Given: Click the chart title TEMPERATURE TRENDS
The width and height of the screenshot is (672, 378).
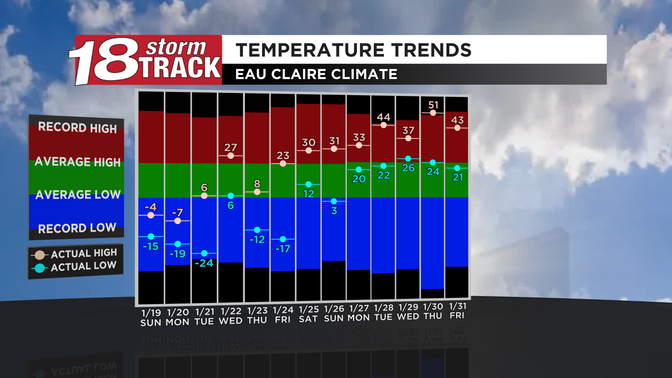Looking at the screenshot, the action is tap(353, 50).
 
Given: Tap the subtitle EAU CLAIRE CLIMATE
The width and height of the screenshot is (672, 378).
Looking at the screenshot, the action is tap(316, 74).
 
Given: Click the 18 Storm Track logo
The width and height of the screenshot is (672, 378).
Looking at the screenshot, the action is tap(145, 60).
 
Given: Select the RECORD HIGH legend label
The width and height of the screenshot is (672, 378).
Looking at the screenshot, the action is tap(77, 127).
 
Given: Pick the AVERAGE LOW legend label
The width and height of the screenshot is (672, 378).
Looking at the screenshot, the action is tap(78, 195).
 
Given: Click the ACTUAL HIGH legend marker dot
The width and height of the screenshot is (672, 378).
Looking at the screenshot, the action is tap(40, 255).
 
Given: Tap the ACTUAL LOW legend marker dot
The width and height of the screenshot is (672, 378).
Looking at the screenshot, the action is tap(40, 268).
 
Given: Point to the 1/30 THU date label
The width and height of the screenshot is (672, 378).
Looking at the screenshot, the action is tap(433, 311).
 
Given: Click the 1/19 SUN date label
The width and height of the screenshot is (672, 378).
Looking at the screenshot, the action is tap(151, 317).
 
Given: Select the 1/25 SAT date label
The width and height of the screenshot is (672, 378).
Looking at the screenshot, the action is tap(308, 314).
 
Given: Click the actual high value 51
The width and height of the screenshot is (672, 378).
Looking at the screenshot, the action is tap(433, 105).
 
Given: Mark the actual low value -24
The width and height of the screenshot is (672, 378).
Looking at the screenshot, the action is tap(204, 263).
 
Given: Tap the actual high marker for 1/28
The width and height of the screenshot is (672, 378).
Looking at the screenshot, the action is tap(384, 125).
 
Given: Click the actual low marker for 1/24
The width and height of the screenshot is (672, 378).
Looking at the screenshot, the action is tap(283, 239).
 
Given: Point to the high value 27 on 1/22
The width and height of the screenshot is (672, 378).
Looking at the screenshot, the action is tap(231, 147).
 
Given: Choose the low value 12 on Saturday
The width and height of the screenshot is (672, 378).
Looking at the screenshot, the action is tap(308, 194).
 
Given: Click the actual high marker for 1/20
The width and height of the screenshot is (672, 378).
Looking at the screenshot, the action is tap(177, 221).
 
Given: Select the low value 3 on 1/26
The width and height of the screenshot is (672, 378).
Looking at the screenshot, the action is tap(334, 211).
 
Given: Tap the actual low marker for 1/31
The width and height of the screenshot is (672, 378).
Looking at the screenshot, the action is tap(457, 168).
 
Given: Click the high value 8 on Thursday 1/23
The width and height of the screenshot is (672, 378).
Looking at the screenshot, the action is tap(257, 183).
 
